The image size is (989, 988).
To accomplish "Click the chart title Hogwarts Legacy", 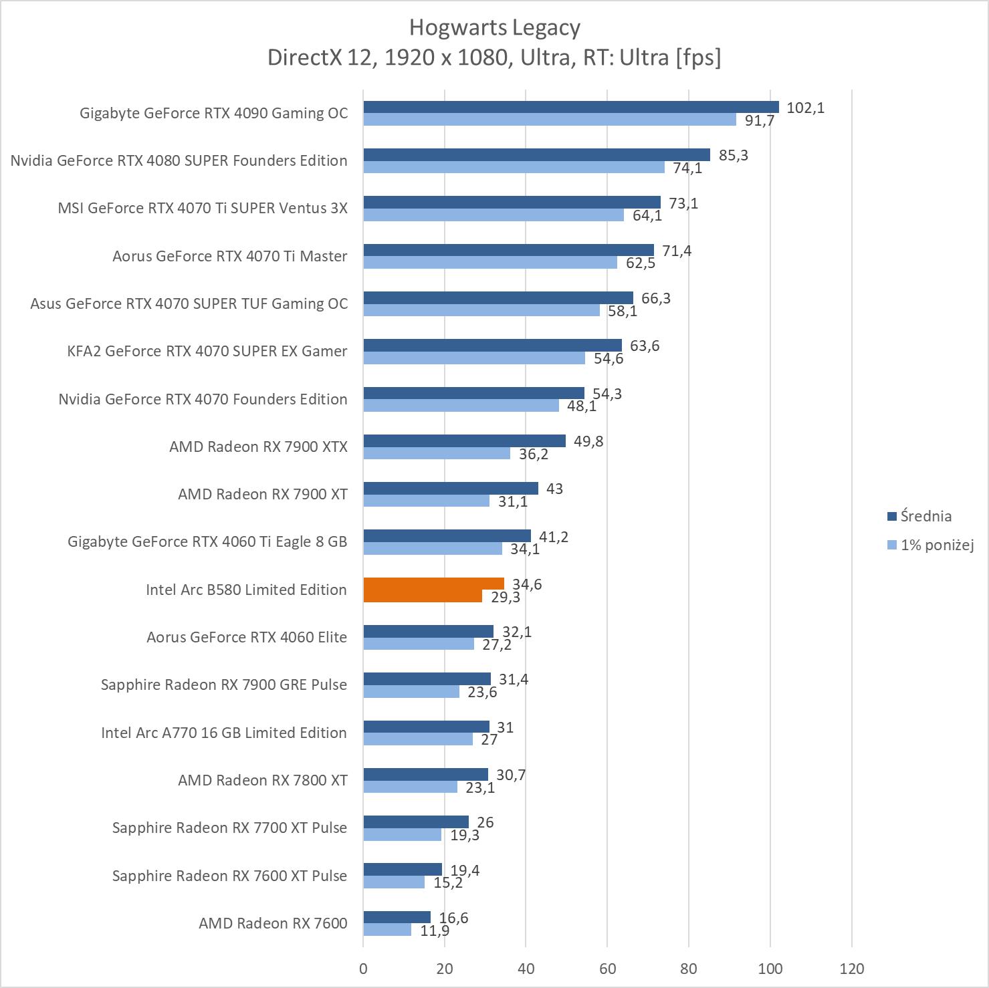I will pyautogui.click(x=494, y=27).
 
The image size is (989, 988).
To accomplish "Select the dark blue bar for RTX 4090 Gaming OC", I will pyautogui.click(x=571, y=107).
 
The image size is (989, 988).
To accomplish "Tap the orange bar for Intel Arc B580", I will pyautogui.click(x=433, y=584).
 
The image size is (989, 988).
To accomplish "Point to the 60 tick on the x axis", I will pyautogui.click(x=607, y=968).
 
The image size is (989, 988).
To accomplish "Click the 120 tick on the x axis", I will pyautogui.click(x=852, y=968).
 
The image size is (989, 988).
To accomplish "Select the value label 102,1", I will pyautogui.click(x=805, y=108).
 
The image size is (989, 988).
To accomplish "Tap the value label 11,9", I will pyautogui.click(x=435, y=930).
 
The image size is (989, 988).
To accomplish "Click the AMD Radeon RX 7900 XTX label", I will pyautogui.click(x=258, y=447).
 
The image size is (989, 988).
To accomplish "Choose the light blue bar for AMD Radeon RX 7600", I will pyautogui.click(x=387, y=930).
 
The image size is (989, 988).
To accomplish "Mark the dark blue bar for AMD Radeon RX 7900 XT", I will pyautogui.click(x=451, y=489).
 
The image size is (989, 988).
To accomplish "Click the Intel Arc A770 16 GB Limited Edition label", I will pyautogui.click(x=223, y=733).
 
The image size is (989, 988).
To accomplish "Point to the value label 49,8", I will pyautogui.click(x=588, y=441).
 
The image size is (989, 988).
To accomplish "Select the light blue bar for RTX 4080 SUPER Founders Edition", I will pyautogui.click(x=514, y=167).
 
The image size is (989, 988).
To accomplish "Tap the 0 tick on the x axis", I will pyautogui.click(x=363, y=968).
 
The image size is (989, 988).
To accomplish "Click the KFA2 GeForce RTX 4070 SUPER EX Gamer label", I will pyautogui.click(x=207, y=351).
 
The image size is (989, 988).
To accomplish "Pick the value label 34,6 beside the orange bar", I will pyautogui.click(x=527, y=584).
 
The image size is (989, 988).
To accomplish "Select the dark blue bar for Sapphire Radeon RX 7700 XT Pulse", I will pyautogui.click(x=416, y=822).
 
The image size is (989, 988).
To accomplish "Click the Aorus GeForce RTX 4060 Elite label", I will pyautogui.click(x=247, y=637).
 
